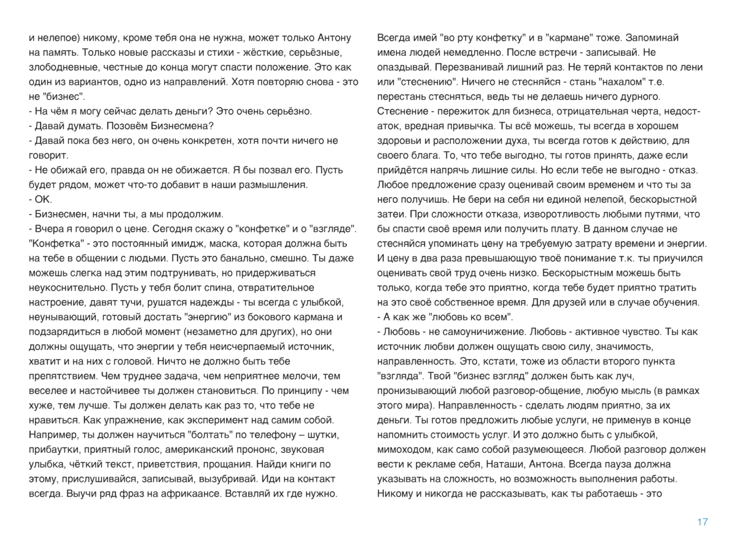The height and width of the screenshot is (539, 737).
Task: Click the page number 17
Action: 703,522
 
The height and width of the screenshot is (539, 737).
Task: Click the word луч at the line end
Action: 633,376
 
